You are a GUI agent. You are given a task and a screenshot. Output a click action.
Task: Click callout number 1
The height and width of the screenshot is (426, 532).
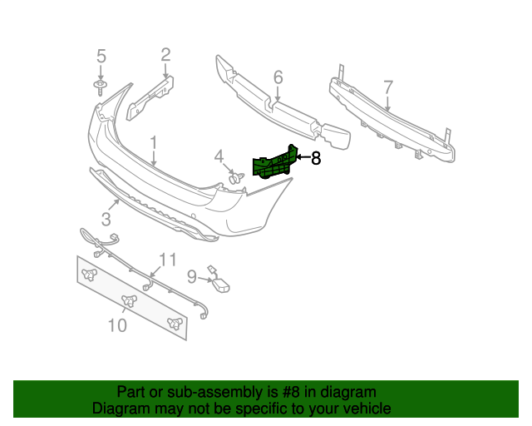pyautogui.click(x=154, y=142)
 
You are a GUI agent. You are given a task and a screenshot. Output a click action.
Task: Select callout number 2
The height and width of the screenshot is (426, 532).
pyautogui.click(x=165, y=56)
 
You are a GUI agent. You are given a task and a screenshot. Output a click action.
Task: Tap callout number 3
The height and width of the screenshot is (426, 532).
pyautogui.click(x=106, y=219)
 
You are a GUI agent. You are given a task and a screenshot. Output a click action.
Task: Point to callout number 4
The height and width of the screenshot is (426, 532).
pyautogui.click(x=219, y=156)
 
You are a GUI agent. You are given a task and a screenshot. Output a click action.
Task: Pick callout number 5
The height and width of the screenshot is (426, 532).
pyautogui.click(x=101, y=57)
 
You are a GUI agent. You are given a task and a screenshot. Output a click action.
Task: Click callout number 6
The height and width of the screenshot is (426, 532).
pyautogui.click(x=278, y=77)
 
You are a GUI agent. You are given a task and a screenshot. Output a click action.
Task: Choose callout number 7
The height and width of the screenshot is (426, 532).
pyautogui.click(x=387, y=87)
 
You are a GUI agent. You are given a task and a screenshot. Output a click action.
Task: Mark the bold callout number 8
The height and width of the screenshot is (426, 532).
pyautogui.click(x=316, y=158)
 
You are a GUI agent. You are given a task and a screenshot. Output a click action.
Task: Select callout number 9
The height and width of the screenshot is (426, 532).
pyautogui.click(x=191, y=276)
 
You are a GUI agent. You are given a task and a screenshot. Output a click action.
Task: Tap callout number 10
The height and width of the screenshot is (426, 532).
pyautogui.click(x=117, y=325)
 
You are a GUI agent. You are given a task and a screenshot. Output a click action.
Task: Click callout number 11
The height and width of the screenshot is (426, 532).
pyautogui.click(x=168, y=260)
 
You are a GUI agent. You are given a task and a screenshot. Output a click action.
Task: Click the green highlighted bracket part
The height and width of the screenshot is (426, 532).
pyautogui.click(x=274, y=163)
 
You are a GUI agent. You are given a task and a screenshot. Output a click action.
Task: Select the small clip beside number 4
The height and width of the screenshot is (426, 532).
pyautogui.click(x=235, y=177)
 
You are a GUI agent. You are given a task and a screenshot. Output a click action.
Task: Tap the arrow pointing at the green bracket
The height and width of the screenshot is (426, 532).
pyautogui.click(x=303, y=156)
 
